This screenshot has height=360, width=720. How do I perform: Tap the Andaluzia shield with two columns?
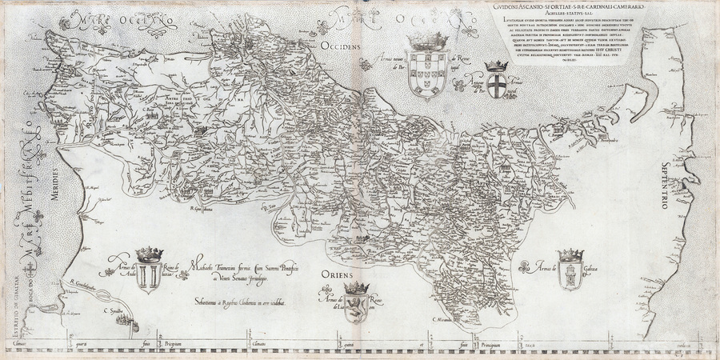coord(148,276)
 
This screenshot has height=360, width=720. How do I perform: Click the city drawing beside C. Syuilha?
coord(124,322)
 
